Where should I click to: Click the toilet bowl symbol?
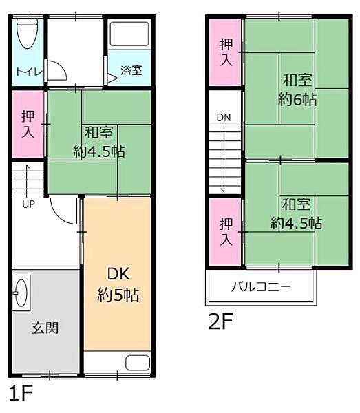[x=28, y=34]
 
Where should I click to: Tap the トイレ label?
[x=29, y=72]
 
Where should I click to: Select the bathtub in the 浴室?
[x=129, y=34]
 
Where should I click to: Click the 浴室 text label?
[x=131, y=70]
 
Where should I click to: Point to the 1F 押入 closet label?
[x=28, y=124]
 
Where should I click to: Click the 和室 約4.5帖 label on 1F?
[x=99, y=142]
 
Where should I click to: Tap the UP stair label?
[x=28, y=204]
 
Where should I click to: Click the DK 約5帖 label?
[x=118, y=284]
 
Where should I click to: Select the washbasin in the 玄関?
[x=21, y=293]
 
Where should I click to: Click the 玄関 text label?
[x=45, y=328]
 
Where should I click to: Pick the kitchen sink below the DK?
[x=138, y=363]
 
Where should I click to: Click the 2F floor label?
[x=221, y=321]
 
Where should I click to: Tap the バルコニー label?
[x=262, y=286]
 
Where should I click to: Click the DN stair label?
[x=224, y=118]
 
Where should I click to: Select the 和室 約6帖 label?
[x=297, y=89]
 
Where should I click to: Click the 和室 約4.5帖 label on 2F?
[x=296, y=213]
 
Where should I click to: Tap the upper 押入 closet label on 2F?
[x=226, y=52]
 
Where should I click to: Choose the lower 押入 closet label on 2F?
[x=226, y=231]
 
